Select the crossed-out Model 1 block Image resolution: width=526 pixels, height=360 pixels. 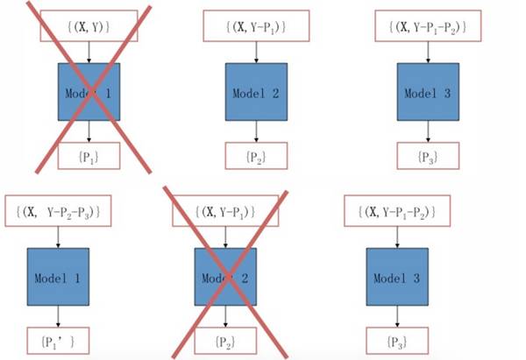point(89,92)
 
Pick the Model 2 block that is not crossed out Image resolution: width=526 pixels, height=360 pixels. point(257,91)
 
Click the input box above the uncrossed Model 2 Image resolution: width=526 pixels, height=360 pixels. point(257,27)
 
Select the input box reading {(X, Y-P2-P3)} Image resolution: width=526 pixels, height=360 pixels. point(61,211)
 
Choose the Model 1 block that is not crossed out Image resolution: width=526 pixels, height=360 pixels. point(58,276)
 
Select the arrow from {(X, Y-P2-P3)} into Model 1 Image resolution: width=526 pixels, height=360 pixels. point(59,235)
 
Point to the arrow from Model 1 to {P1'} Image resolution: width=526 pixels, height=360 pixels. point(59,314)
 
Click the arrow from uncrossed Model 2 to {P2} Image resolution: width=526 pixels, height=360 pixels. point(257,131)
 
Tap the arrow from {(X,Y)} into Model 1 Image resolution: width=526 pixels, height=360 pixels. point(89,51)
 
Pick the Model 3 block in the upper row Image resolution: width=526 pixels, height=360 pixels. point(428,91)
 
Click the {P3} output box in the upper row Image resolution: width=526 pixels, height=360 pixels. point(428,156)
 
